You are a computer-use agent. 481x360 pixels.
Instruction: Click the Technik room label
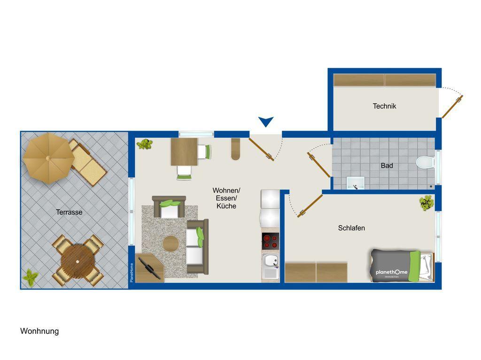[x=384, y=106]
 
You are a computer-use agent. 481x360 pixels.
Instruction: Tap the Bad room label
[x=387, y=166]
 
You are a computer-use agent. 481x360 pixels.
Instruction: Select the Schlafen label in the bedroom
[x=351, y=228]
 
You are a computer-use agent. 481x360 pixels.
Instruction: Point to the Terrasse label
[x=69, y=212]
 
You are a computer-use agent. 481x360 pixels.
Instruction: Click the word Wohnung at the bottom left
[x=39, y=331]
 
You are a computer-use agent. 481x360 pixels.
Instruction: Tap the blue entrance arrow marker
[x=266, y=122]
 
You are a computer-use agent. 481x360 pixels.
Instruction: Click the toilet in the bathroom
[x=425, y=162]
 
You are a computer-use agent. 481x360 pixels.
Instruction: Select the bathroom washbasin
[x=356, y=183]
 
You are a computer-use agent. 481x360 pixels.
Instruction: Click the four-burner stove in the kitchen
[x=270, y=241]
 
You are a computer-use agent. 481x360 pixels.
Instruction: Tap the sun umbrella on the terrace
[x=48, y=158]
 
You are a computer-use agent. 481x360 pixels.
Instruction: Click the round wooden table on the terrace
[x=78, y=261]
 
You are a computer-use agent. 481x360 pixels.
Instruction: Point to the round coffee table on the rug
[x=171, y=244]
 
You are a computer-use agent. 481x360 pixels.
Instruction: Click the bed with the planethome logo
[x=402, y=266]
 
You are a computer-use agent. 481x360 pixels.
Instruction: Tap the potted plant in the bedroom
[x=427, y=203]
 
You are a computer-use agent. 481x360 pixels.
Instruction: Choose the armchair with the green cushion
[x=169, y=207]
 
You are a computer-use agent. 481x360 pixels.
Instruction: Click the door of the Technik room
[x=452, y=107]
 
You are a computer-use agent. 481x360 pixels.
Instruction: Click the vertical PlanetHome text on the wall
[x=132, y=273]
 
